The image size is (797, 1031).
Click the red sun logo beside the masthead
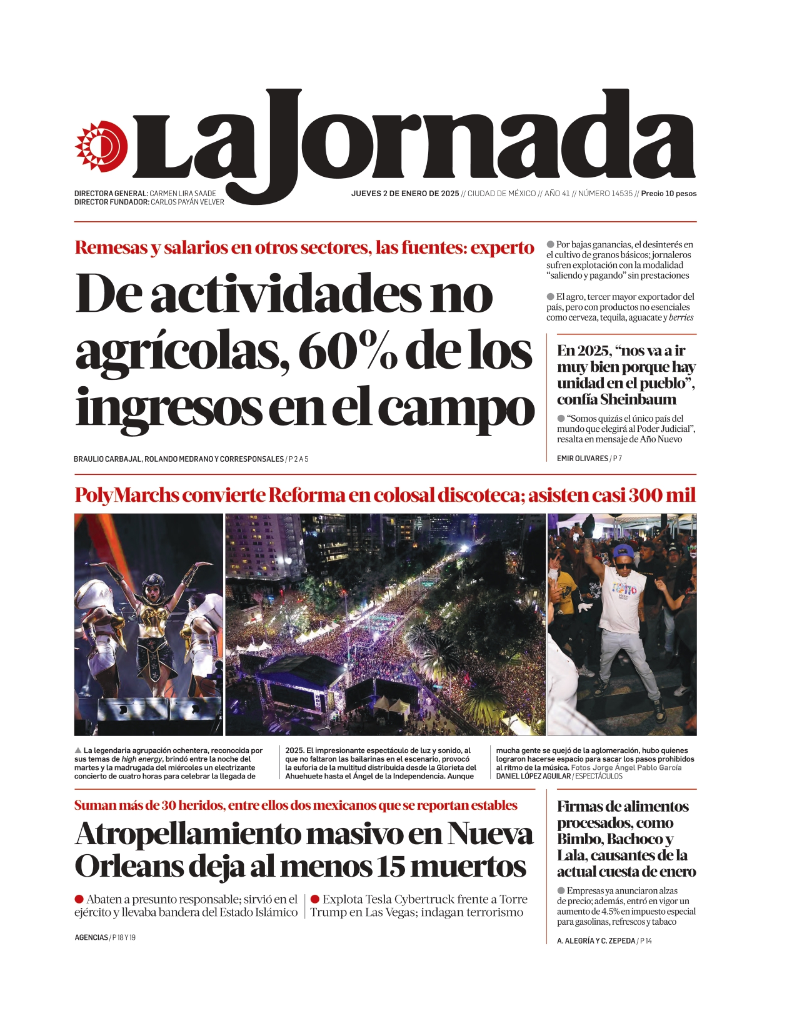(x=101, y=146)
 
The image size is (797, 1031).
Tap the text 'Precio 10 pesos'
(x=668, y=194)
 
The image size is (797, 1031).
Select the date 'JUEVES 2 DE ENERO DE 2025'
(x=405, y=194)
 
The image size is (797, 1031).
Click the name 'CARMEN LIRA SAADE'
(x=183, y=194)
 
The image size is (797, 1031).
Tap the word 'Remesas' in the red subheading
(x=111, y=247)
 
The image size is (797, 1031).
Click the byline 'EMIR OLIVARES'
(x=582, y=459)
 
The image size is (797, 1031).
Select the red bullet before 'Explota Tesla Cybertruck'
(x=315, y=899)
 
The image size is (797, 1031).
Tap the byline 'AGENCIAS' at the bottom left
(x=91, y=938)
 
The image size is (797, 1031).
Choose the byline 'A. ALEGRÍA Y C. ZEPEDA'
(x=596, y=941)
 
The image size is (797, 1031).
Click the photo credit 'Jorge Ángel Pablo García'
(x=636, y=767)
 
